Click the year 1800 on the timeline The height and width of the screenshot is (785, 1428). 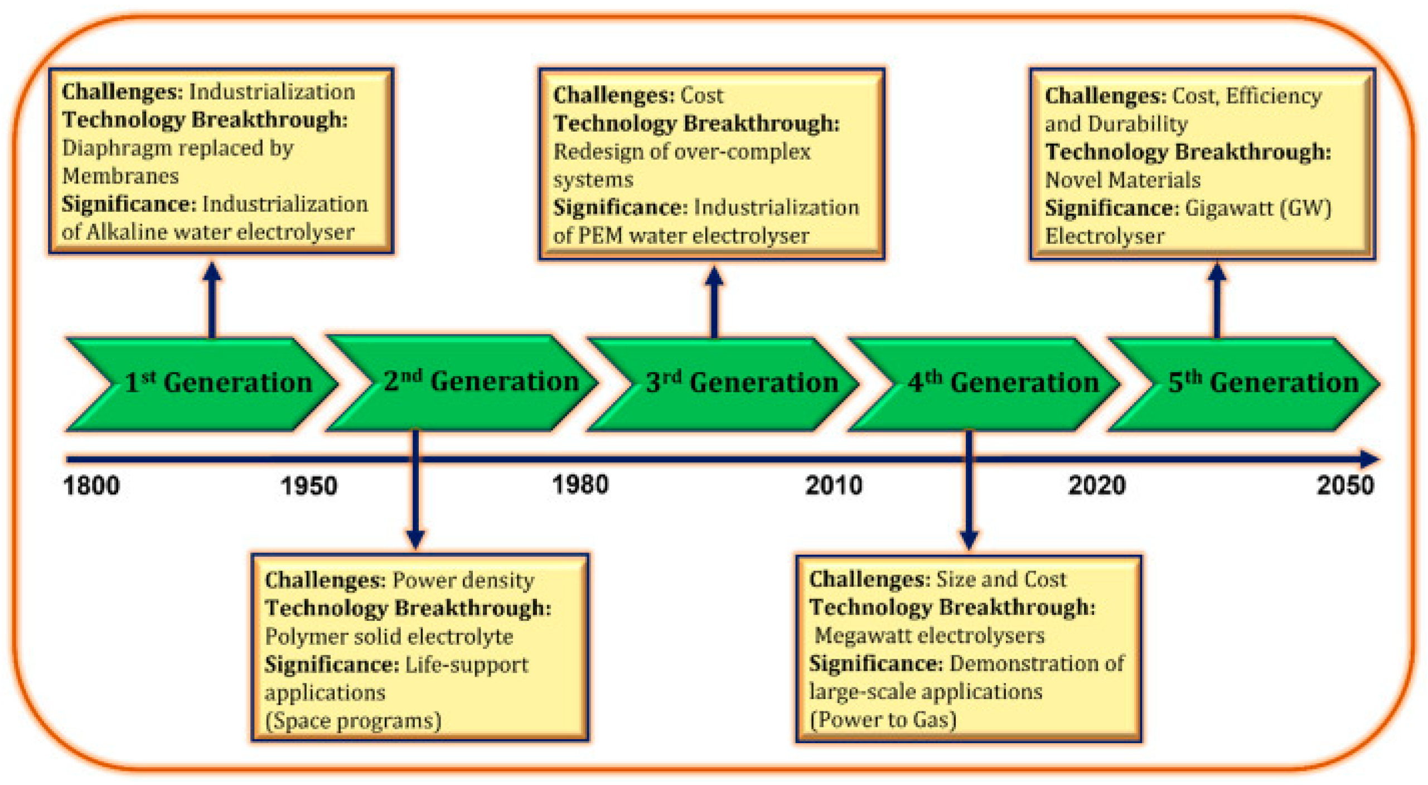pos(91,485)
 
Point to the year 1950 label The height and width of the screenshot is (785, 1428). pos(309,485)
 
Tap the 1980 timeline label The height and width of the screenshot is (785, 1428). pos(580,484)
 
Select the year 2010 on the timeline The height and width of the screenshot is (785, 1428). pos(834,485)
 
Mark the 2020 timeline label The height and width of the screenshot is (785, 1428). pos(1097,485)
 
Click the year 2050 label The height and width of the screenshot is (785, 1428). pos(1345,485)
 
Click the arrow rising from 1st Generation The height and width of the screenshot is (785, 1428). pos(212,300)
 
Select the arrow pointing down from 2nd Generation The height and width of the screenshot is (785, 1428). pos(415,489)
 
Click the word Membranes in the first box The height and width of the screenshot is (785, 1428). pos(120,176)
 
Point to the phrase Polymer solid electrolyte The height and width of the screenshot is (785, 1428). pos(389,637)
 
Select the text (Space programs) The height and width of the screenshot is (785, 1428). pos(353,721)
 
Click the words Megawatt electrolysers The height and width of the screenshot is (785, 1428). pos(930,635)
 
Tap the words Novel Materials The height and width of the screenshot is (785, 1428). pos(1123,180)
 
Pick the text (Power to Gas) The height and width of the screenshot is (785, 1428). pos(883,720)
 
